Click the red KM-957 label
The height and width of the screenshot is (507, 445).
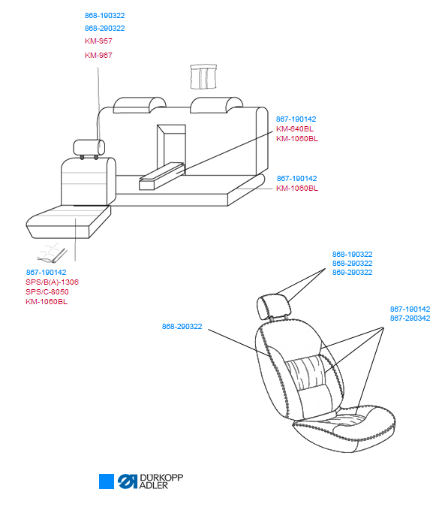click(x=98, y=41)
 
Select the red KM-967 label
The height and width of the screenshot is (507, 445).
click(x=98, y=56)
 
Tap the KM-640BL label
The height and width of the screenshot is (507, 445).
click(x=294, y=129)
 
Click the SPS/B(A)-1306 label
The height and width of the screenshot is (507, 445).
click(x=52, y=282)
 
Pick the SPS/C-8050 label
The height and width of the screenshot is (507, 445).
click(x=47, y=291)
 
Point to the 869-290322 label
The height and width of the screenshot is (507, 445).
click(x=352, y=272)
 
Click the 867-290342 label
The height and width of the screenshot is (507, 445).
click(x=410, y=318)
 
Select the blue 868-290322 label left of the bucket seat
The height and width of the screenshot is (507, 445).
click(x=182, y=327)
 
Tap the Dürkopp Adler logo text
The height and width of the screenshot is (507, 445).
click(x=161, y=481)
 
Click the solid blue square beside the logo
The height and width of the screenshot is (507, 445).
click(x=107, y=481)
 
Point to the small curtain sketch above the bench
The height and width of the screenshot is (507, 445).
click(x=203, y=77)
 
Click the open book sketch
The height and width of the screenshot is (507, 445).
click(x=52, y=253)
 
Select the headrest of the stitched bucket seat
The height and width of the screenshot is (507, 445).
click(x=273, y=305)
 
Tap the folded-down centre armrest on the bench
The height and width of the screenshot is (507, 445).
click(x=162, y=177)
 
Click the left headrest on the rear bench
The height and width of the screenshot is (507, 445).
click(x=140, y=105)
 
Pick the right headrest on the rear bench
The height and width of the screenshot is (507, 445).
click(x=216, y=105)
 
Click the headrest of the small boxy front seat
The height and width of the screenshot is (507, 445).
click(x=89, y=148)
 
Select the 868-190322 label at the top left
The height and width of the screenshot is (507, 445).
click(x=104, y=16)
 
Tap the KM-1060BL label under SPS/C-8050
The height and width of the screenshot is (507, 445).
click(x=47, y=302)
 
